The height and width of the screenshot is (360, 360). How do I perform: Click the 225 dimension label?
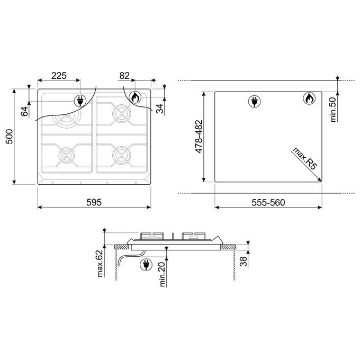(x=59, y=76)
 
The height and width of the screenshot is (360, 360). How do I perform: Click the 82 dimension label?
(x=124, y=76)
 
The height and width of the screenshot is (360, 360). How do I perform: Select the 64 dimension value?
(x=24, y=111)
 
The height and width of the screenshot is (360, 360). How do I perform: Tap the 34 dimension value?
(x=159, y=109)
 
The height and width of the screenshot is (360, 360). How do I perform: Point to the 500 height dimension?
(x=9, y=137)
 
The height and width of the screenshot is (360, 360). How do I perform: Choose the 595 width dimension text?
(x=94, y=202)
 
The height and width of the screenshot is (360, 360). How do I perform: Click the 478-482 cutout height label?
(x=199, y=137)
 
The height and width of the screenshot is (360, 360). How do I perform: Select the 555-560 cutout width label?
(x=268, y=202)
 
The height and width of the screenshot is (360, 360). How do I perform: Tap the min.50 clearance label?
(x=333, y=110)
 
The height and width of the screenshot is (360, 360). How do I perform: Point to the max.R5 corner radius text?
(x=304, y=159)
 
